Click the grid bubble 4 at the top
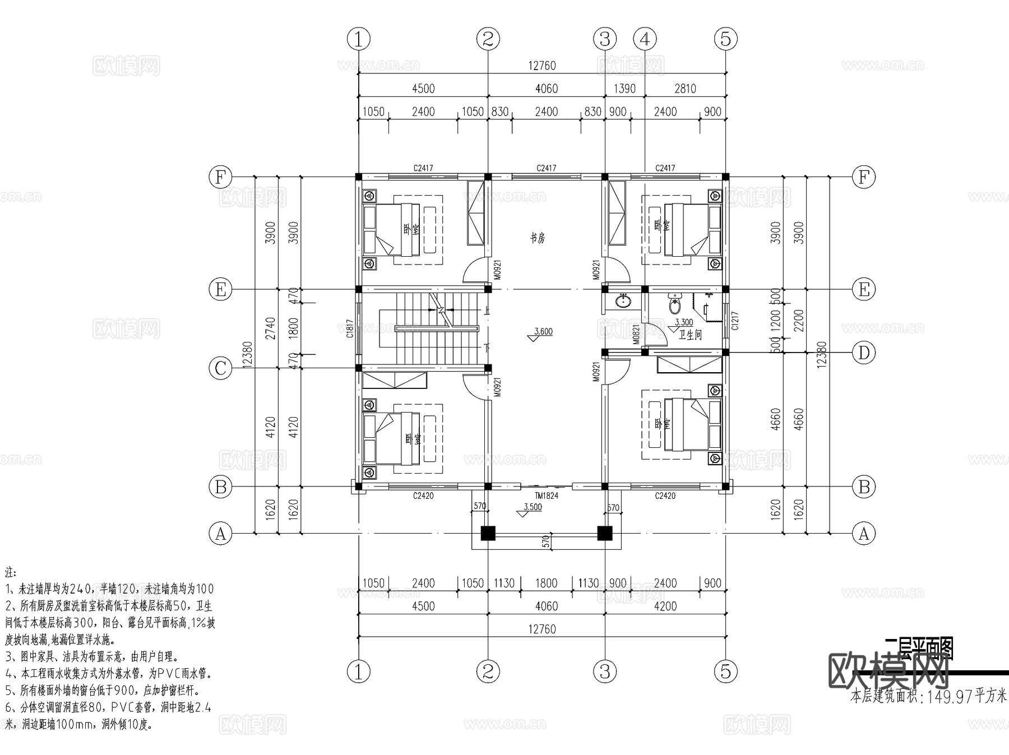click(645, 39)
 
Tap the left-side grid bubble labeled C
click(220, 368)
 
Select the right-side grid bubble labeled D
click(864, 353)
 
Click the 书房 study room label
click(538, 238)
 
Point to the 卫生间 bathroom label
click(690, 335)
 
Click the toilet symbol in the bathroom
click(675, 304)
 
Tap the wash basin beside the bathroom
click(623, 301)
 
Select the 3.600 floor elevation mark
click(542, 332)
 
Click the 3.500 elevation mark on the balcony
click(532, 507)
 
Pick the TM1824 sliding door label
click(546, 495)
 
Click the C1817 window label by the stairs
click(350, 329)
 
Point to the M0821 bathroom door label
click(636, 334)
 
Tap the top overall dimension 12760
click(541, 66)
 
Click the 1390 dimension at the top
click(624, 89)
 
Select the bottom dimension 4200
click(665, 606)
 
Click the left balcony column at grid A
click(488, 532)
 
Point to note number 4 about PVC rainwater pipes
click(108, 673)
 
